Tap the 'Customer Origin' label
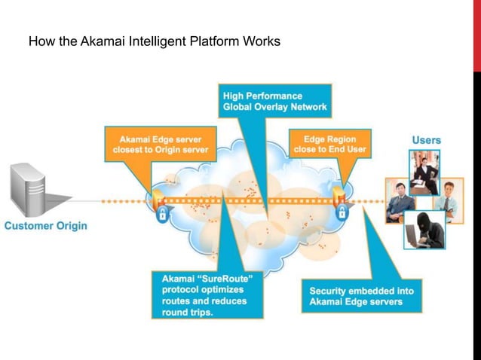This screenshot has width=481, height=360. pos(47,225)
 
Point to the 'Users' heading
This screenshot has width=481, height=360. pos(426,140)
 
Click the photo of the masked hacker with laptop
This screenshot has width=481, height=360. pos(424,229)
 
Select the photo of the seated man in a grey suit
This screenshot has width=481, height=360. pos(400,200)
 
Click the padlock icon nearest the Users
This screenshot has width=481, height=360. pos(342,213)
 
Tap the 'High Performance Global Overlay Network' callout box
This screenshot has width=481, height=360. pos(275,101)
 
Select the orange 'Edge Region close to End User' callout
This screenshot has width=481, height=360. pos(329,144)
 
